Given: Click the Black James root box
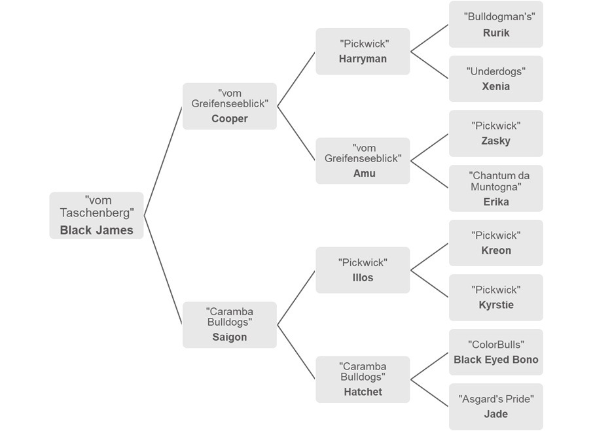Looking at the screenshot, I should click(96, 215).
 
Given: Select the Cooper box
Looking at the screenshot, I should click(229, 106).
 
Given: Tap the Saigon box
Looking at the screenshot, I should click(229, 324).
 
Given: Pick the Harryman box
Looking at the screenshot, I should click(363, 51).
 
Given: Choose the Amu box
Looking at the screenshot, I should click(363, 160).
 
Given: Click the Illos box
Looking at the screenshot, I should click(363, 269).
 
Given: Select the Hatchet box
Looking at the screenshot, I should click(363, 379).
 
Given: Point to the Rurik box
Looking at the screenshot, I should click(495, 24).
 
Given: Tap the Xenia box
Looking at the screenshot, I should click(495, 78).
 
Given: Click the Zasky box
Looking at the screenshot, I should click(495, 133).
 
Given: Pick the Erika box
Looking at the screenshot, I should click(495, 188).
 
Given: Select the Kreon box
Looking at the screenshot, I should click(495, 243).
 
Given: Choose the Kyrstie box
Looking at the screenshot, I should click(495, 298).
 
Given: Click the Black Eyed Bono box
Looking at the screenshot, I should click(495, 352).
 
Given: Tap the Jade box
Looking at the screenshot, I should click(495, 407).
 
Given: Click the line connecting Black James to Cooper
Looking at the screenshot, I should click(163, 160).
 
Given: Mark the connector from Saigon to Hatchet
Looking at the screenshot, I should click(296, 352).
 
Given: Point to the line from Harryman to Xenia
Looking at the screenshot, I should click(429, 65).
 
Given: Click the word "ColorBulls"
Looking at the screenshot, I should click(495, 345).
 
